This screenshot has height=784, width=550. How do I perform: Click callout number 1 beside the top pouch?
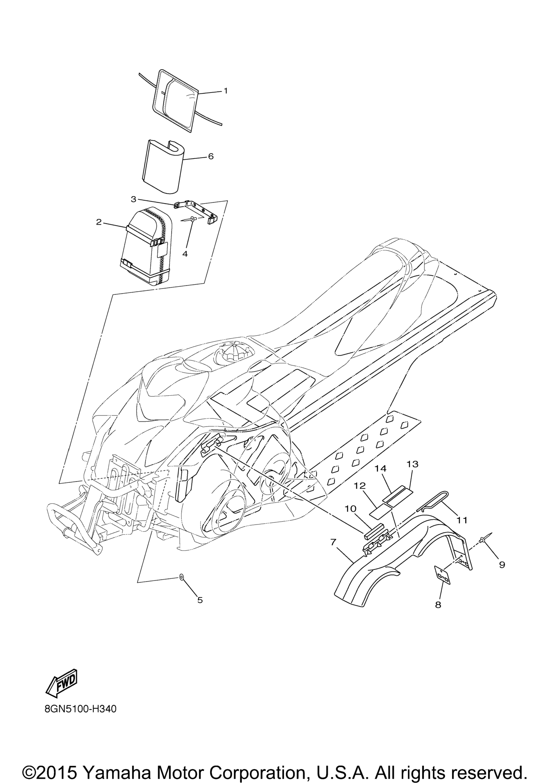point(225,91)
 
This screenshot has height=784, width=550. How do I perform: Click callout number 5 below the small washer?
point(200,600)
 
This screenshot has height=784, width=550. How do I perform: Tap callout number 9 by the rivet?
point(502,565)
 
